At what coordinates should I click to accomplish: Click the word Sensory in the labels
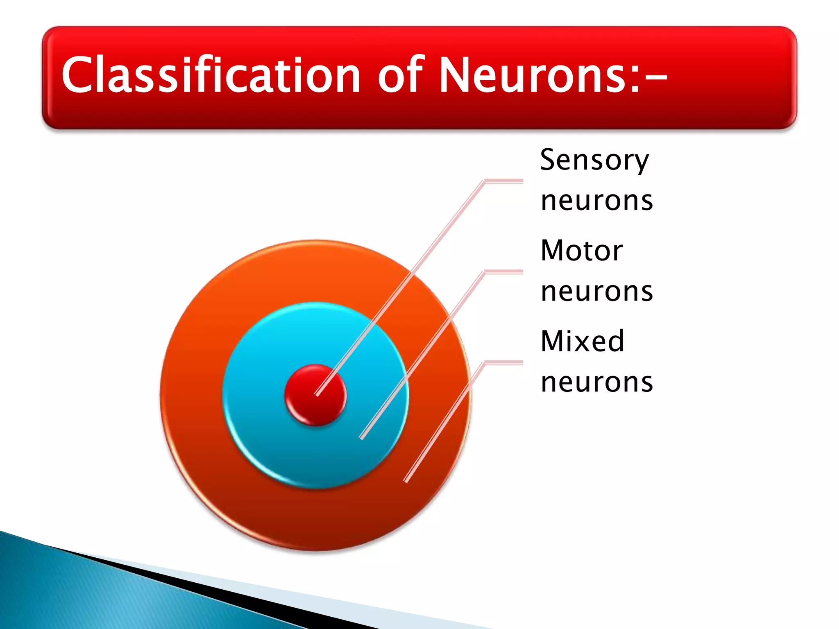click(x=594, y=161)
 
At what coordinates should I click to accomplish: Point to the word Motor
click(x=582, y=251)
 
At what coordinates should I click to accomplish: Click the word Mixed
click(x=582, y=341)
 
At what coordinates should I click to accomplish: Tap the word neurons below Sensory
click(x=596, y=201)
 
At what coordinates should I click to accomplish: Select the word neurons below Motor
click(x=596, y=292)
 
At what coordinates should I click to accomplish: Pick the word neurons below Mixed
click(x=596, y=382)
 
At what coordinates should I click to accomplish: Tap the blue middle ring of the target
click(x=266, y=430)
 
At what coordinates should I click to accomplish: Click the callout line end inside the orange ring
click(x=406, y=480)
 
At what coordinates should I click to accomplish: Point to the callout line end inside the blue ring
click(x=362, y=437)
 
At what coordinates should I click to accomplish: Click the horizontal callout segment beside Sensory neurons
click(x=504, y=181)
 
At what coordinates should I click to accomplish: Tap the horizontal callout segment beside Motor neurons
click(x=504, y=272)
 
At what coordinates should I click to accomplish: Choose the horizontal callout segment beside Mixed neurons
click(x=504, y=362)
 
